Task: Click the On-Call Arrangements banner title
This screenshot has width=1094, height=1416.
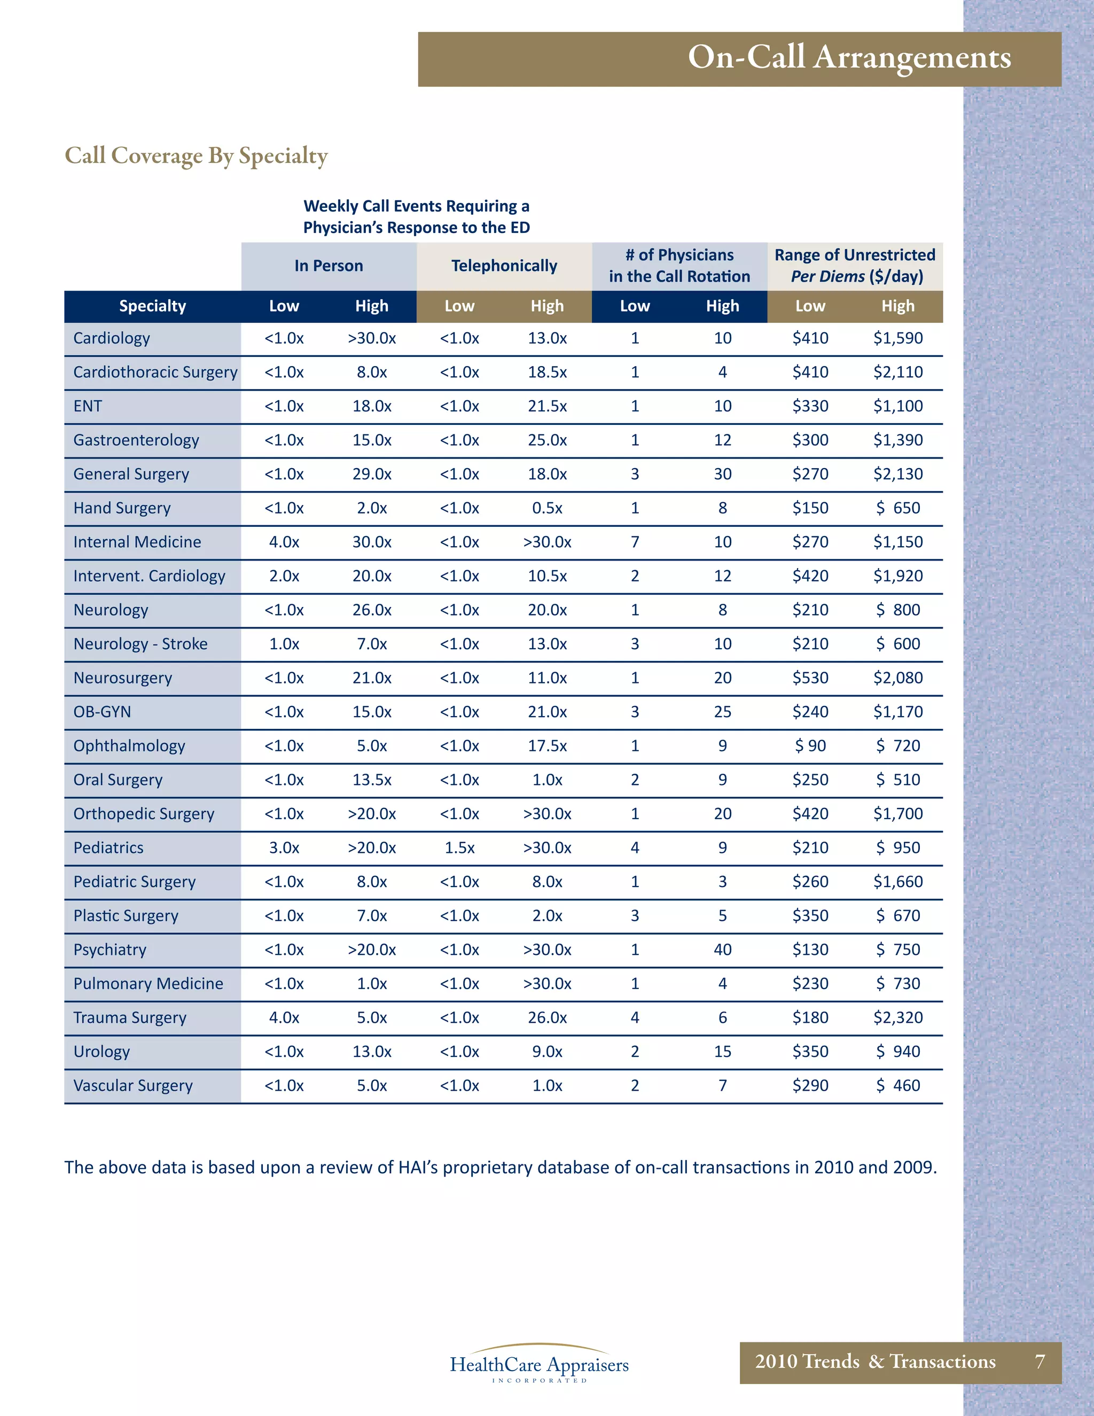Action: pyautogui.click(x=849, y=58)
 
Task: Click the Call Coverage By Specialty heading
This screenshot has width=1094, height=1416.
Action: pyautogui.click(x=197, y=156)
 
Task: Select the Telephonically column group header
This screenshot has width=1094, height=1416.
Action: pyautogui.click(x=504, y=266)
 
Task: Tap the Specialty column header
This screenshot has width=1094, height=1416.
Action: pyautogui.click(x=152, y=306)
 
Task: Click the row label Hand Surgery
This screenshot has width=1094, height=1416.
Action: pyautogui.click(x=122, y=508)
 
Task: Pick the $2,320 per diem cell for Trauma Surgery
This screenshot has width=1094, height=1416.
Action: pyautogui.click(x=897, y=1017)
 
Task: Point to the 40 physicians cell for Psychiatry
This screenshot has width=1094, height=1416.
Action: pyautogui.click(x=723, y=949)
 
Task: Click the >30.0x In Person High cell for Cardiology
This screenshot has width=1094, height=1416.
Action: pyautogui.click(x=371, y=338)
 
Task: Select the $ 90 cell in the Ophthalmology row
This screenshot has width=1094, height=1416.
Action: pyautogui.click(x=810, y=745)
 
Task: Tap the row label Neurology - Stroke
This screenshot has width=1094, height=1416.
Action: pyautogui.click(x=140, y=644)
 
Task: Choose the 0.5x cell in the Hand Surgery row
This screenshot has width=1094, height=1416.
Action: pyautogui.click(x=547, y=508)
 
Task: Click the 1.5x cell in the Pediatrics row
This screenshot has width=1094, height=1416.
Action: pyautogui.click(x=459, y=847)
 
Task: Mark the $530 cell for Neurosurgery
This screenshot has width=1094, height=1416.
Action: pyautogui.click(x=810, y=678)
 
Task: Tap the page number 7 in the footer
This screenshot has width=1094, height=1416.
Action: pyautogui.click(x=1040, y=1361)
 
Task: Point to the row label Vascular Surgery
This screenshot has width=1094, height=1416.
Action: pyautogui.click(x=133, y=1085)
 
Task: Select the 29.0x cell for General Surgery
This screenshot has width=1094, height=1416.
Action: pyautogui.click(x=371, y=474)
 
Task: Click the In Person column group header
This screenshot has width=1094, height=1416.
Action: pyautogui.click(x=329, y=266)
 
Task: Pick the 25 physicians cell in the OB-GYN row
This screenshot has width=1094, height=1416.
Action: pyautogui.click(x=723, y=712)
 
